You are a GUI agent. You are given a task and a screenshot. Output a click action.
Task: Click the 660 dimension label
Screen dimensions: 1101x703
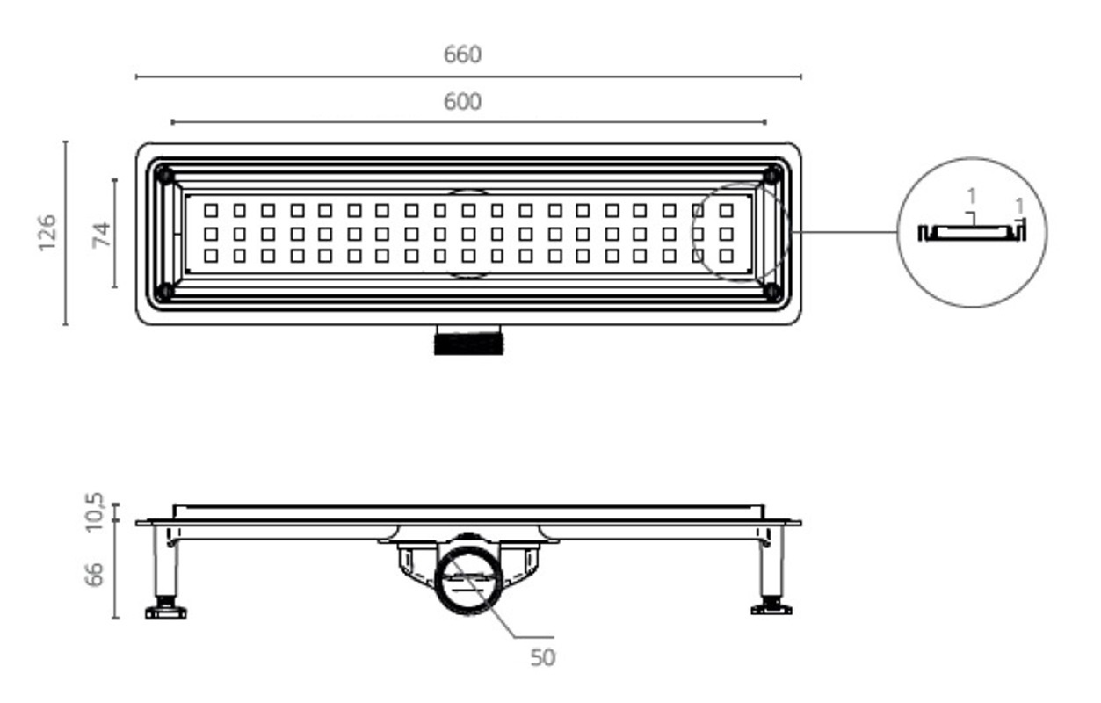(462, 54)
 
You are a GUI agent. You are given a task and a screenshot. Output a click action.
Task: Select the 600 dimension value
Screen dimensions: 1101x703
(462, 102)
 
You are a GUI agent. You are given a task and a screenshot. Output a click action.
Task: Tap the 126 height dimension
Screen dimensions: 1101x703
(47, 233)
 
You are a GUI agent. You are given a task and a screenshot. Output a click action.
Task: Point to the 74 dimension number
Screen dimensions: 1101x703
(102, 235)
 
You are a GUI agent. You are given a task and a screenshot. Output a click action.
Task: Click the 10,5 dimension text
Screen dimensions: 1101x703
(94, 511)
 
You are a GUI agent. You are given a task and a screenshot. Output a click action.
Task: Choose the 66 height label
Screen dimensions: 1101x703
(94, 574)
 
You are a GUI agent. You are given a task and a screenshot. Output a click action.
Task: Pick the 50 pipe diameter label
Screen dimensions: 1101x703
(543, 658)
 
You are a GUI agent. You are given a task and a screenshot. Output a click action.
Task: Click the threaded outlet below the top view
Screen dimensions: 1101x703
(469, 340)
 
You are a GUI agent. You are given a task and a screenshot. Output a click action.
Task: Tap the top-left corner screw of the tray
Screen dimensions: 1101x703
(164, 176)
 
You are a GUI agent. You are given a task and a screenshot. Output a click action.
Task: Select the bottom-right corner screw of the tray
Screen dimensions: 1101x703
(772, 292)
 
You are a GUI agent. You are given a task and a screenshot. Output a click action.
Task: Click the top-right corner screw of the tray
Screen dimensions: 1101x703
(772, 176)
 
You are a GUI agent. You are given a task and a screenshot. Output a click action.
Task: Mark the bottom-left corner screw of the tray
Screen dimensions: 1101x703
(164, 292)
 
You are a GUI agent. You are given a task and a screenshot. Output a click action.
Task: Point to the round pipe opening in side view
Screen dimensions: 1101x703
(468, 581)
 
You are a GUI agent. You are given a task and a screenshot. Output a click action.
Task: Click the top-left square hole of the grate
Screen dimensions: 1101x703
(211, 211)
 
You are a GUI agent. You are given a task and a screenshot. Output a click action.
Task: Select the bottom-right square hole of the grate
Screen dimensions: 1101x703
(727, 256)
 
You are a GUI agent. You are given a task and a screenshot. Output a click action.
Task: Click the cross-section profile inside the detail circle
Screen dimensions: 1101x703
(972, 233)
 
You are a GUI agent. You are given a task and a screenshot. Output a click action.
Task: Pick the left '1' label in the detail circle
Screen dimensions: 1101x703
(972, 197)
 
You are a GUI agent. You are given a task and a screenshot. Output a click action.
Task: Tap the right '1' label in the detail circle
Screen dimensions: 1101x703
(1020, 206)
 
